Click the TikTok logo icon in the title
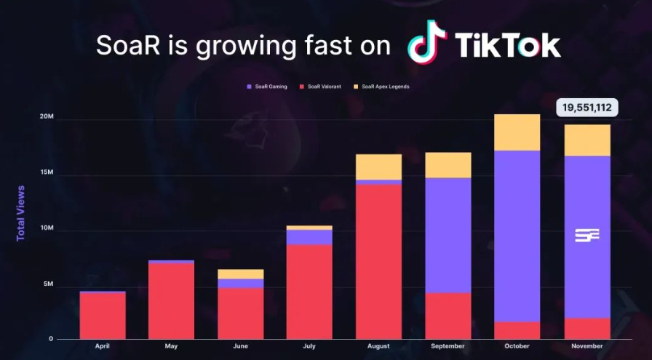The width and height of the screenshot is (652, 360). [428, 41]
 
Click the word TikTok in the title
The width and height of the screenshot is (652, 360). [508, 45]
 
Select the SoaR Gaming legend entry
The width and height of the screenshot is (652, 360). [267, 87]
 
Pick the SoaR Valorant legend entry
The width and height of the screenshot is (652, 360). [325, 87]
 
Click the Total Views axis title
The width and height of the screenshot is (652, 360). [21, 214]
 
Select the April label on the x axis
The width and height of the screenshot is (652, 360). [103, 347]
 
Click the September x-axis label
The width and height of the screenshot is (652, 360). [448, 347]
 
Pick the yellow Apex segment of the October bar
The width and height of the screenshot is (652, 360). [517, 132]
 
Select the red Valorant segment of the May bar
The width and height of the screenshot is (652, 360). [171, 300]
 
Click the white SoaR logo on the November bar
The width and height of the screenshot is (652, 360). [587, 235]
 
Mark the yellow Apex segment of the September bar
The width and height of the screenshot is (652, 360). [448, 165]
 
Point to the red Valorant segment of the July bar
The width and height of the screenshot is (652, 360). [309, 291]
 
